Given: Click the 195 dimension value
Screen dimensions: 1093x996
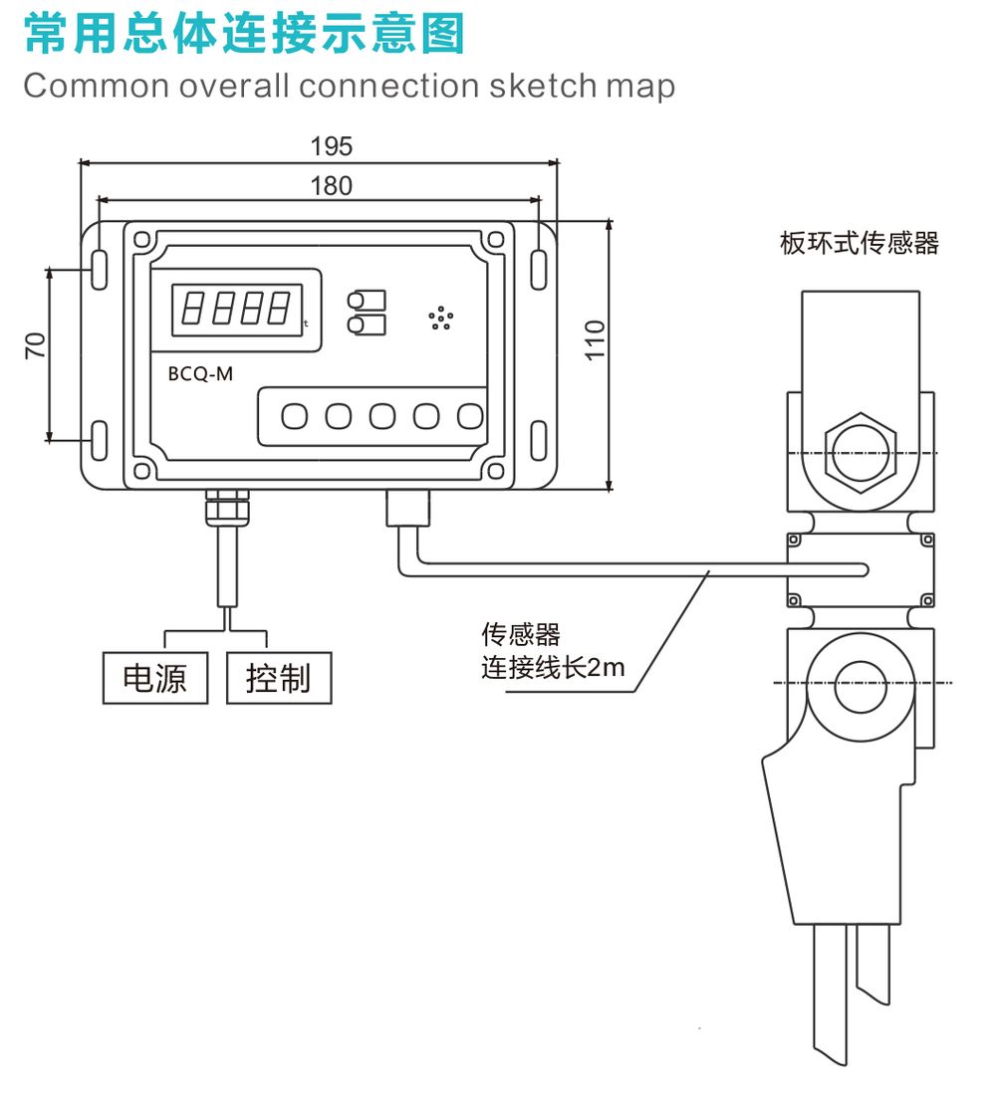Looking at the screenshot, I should pyautogui.click(x=332, y=146).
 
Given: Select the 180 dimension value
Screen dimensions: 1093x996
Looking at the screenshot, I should pyautogui.click(x=332, y=186).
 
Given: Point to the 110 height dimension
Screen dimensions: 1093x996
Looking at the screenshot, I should pyautogui.click(x=595, y=340).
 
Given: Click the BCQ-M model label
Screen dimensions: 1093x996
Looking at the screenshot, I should pyautogui.click(x=200, y=374).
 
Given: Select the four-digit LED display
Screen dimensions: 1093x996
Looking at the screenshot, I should pyautogui.click(x=236, y=310).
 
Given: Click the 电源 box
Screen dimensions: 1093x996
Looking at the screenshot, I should pyautogui.click(x=155, y=678).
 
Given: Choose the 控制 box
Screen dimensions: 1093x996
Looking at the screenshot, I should pyautogui.click(x=278, y=678).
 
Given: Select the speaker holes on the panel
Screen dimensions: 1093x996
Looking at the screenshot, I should pyautogui.click(x=440, y=318).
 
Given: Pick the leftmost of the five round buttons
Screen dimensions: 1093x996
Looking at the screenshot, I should pyautogui.click(x=295, y=416).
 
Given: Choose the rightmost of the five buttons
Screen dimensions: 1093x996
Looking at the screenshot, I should pyautogui.click(x=469, y=416).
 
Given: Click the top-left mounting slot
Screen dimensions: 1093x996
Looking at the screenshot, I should pyautogui.click(x=99, y=271).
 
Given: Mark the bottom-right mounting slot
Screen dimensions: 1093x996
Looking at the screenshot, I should pyautogui.click(x=538, y=440).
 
